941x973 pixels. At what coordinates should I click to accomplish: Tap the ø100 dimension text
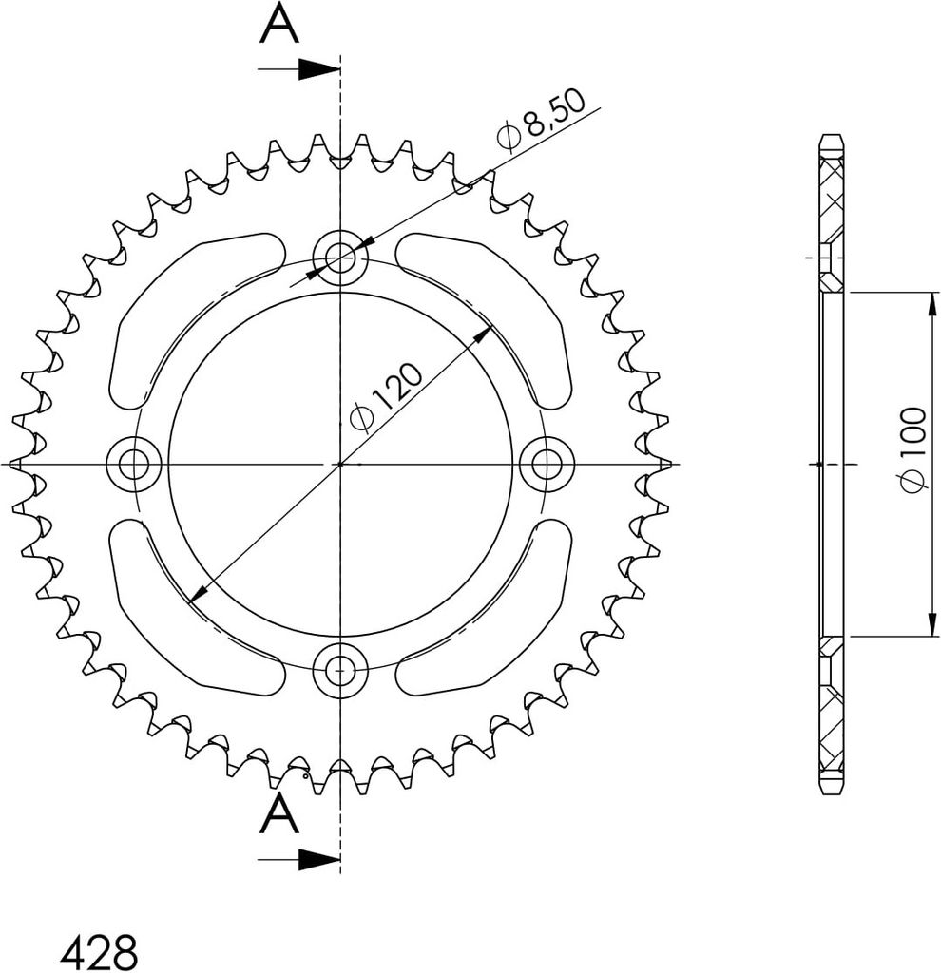tap(913, 449)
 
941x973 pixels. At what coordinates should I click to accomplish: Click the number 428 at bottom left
tap(101, 951)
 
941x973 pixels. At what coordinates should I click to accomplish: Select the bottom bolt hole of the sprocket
tap(340, 670)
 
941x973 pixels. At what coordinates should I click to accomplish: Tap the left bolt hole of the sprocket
tap(133, 464)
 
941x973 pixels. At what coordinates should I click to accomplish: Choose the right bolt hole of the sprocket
tap(547, 464)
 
